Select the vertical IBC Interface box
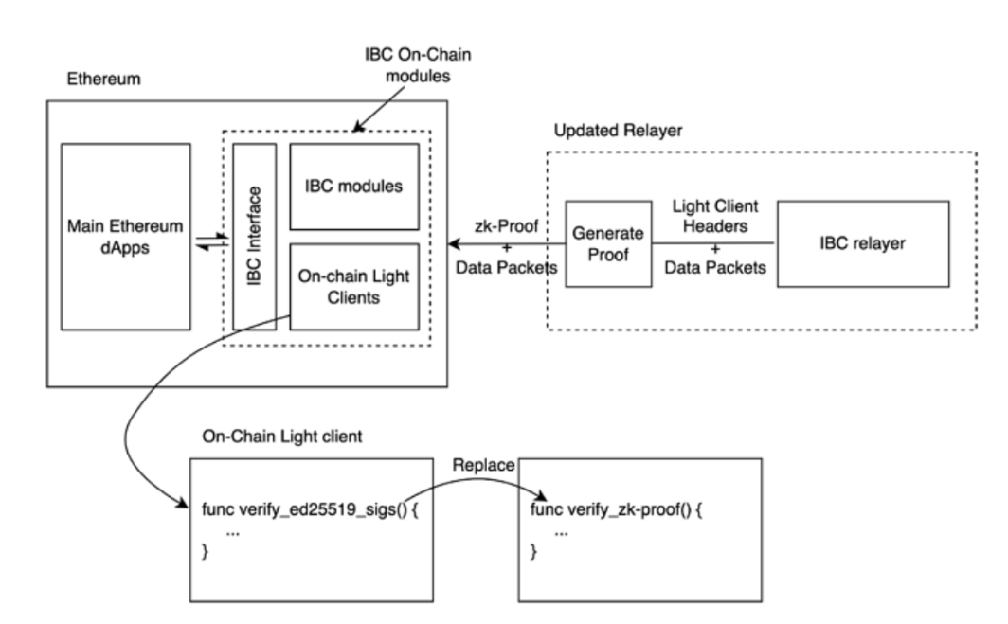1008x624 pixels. [255, 236]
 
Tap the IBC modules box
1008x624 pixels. [353, 186]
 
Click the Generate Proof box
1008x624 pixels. [608, 243]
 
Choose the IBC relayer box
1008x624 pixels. [863, 243]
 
